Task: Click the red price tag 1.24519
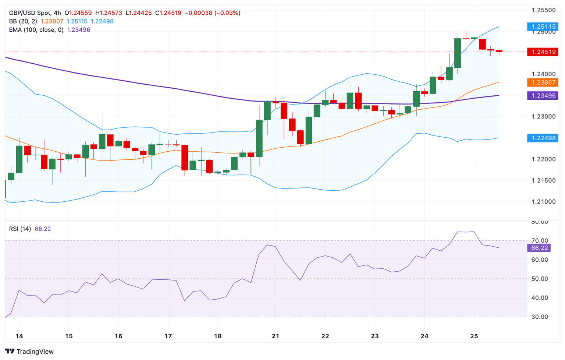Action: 543,52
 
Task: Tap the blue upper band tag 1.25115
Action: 543,27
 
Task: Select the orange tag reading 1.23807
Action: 543,82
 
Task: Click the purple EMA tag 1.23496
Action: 543,96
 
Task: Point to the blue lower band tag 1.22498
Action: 543,138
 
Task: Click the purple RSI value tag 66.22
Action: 539,248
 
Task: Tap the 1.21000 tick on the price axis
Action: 543,202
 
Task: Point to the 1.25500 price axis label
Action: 543,10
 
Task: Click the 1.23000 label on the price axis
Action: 543,117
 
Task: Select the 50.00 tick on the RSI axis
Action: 540,279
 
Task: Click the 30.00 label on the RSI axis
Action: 540,317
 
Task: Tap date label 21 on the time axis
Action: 276,336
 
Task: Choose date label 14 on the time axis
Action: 19,336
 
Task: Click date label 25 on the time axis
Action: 474,336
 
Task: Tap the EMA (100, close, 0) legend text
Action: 36,30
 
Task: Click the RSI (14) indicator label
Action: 20,229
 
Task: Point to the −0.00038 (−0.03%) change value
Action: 212,13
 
